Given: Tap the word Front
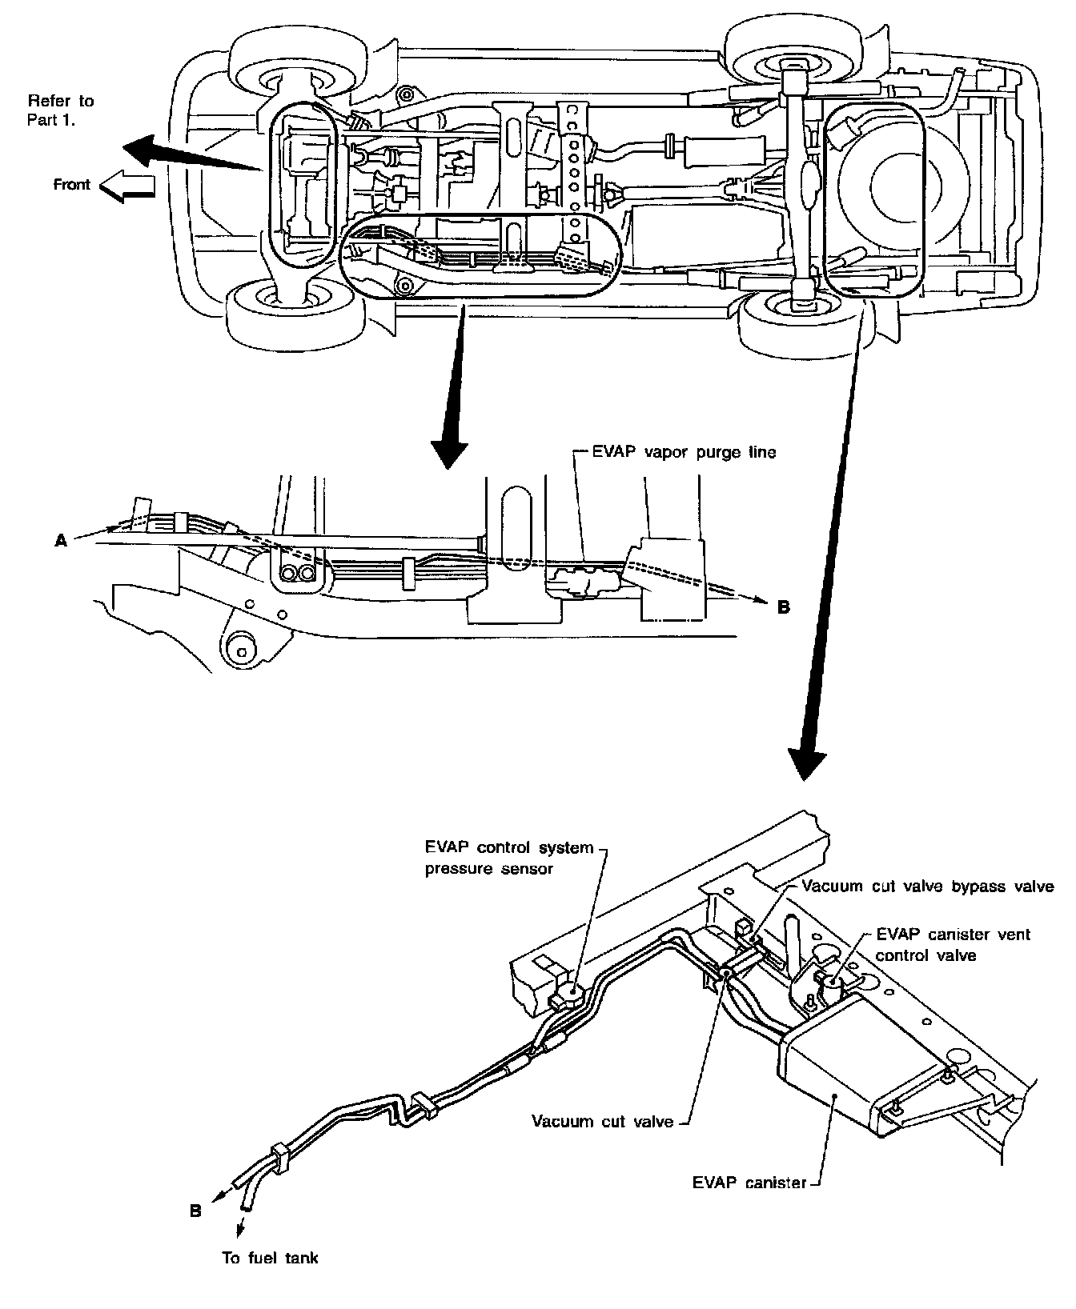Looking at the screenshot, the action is [71, 185].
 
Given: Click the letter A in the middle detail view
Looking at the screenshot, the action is [60, 542].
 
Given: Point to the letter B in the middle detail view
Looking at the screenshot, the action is [783, 607].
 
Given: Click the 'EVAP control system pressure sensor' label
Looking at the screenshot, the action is [508, 858].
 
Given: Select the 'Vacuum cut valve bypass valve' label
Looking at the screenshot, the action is [927, 886].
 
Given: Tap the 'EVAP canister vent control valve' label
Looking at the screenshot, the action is [953, 944].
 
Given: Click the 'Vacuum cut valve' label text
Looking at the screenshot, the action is [602, 1121].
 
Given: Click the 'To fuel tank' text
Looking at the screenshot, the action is [270, 1258].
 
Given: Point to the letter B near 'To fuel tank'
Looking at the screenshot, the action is [195, 1211].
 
